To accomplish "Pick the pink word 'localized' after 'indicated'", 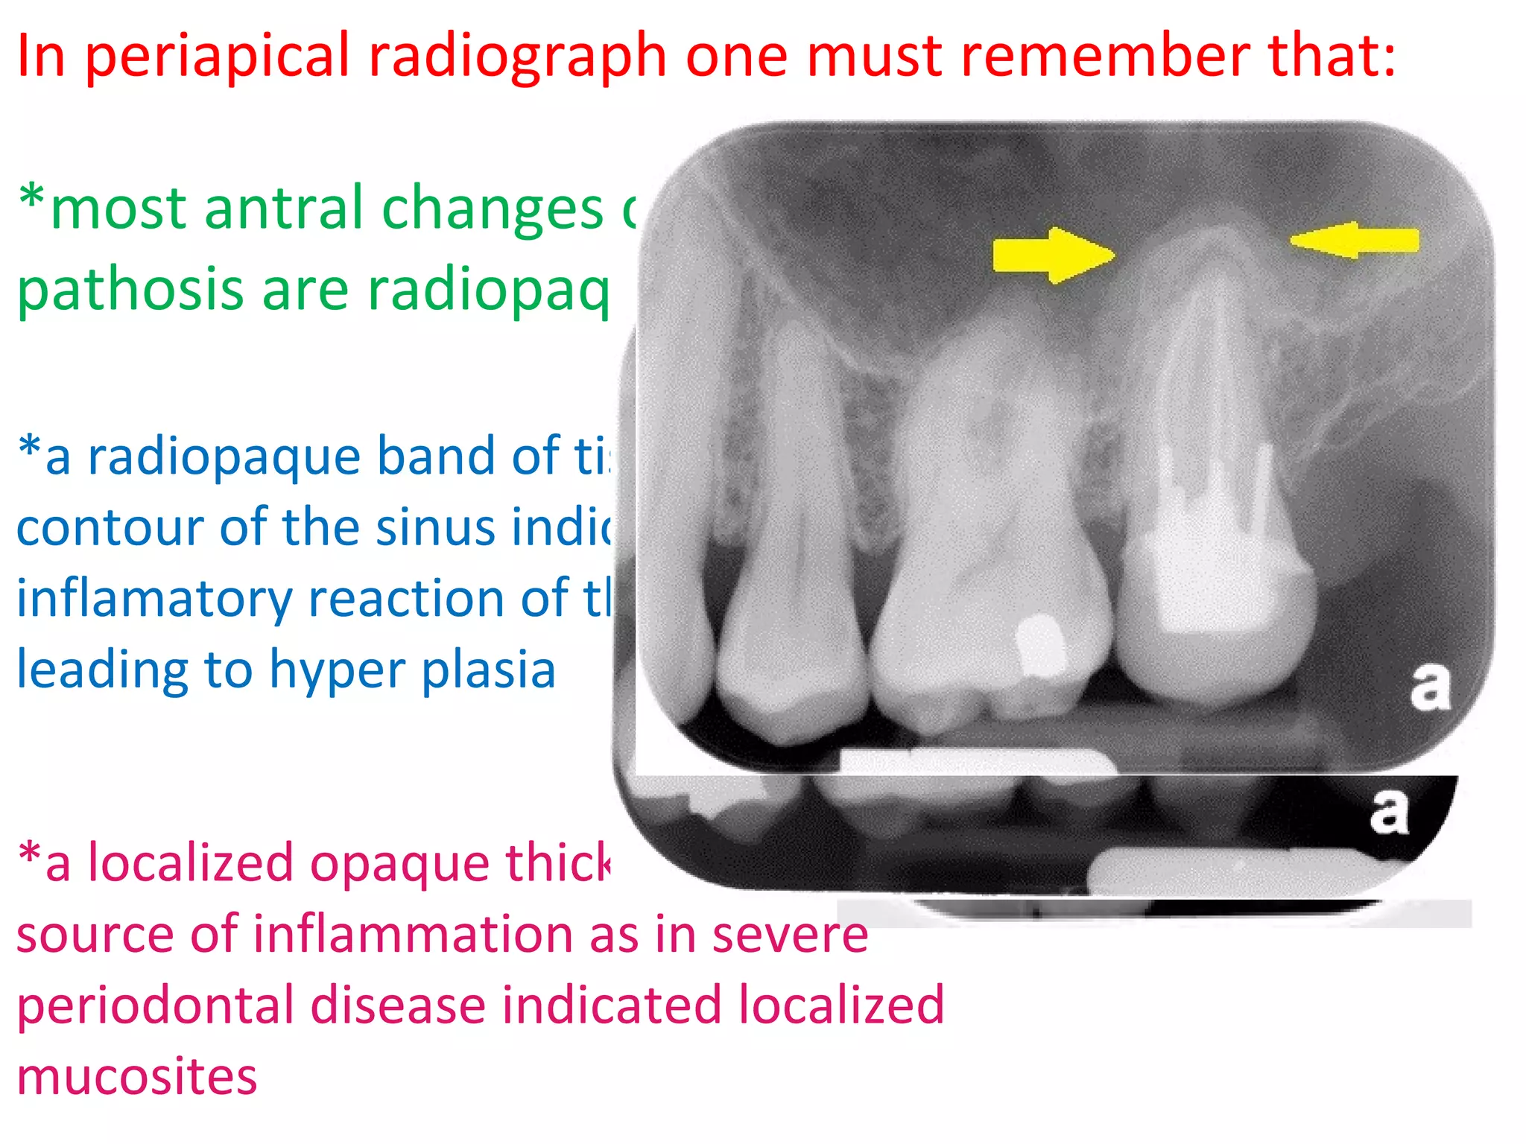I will pyautogui.click(x=841, y=1005).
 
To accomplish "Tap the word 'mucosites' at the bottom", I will pyautogui.click(x=137, y=1077).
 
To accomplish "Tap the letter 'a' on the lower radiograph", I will pyautogui.click(x=1389, y=811).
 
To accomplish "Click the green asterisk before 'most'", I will pyautogui.click(x=32, y=197).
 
